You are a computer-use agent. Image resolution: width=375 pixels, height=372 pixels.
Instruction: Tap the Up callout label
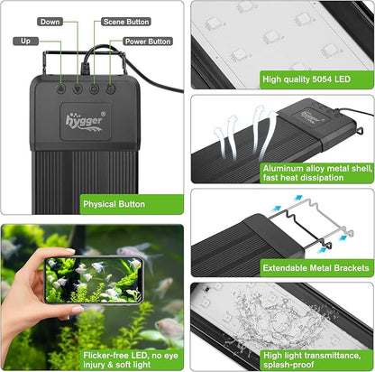24,42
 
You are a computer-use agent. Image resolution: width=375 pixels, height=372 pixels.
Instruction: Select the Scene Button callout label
127,20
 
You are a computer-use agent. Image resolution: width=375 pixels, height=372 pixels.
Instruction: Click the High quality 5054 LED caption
306,79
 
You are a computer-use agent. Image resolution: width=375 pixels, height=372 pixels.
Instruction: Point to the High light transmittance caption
316,357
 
